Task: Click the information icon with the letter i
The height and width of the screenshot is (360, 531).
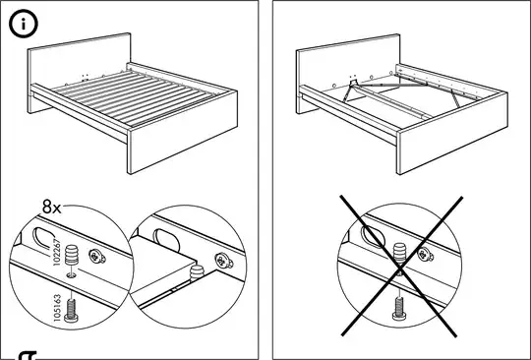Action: click(24, 24)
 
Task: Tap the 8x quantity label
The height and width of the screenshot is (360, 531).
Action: click(52, 207)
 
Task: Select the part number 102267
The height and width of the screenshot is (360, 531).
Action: click(57, 253)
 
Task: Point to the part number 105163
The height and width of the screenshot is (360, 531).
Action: click(58, 308)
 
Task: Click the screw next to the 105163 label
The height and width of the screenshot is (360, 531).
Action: click(71, 310)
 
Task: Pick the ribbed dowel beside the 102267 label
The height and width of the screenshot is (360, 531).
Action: click(72, 255)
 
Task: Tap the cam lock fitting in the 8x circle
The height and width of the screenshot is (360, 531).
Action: click(96, 257)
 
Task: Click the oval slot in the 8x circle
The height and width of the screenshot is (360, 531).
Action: click(44, 238)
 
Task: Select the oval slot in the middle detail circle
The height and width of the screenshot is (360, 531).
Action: click(166, 239)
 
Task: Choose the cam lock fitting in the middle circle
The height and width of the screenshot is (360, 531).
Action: click(223, 261)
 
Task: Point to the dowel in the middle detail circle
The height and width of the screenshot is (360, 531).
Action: click(197, 272)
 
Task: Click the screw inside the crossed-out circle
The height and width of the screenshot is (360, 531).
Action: click(399, 308)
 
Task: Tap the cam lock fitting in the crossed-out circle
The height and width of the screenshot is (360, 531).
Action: click(426, 255)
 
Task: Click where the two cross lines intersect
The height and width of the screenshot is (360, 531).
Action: click(399, 268)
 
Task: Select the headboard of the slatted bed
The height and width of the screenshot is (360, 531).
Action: click(80, 61)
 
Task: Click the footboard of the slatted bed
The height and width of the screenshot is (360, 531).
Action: click(183, 132)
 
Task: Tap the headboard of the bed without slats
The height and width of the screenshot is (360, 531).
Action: click(348, 63)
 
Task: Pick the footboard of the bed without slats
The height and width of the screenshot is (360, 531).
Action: click(452, 133)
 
